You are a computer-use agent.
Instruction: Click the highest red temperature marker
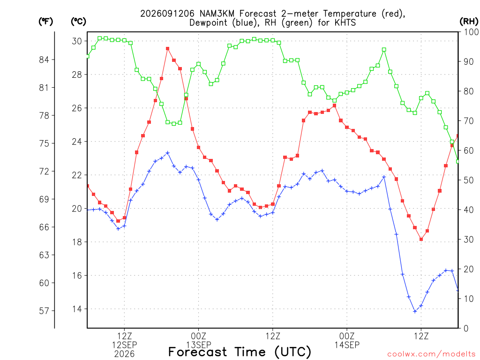(x=167, y=48)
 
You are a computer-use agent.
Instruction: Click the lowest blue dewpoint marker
(x=415, y=311)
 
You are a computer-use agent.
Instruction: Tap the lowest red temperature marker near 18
(x=421, y=239)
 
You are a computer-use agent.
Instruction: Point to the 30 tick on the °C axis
(x=77, y=41)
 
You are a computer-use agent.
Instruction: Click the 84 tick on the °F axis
(x=44, y=60)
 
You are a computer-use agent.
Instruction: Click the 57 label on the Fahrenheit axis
(x=44, y=311)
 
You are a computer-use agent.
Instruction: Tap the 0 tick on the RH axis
(x=466, y=329)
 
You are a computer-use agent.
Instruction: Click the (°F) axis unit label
(x=45, y=22)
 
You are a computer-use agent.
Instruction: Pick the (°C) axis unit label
(x=78, y=22)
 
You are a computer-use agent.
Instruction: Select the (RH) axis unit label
(x=469, y=22)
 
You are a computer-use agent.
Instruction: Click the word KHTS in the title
(x=345, y=22)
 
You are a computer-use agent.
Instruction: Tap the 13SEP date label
(x=199, y=345)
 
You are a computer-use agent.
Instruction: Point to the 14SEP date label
(x=347, y=345)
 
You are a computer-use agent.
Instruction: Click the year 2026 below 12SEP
(x=124, y=354)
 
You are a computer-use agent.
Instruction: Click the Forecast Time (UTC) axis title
(x=240, y=352)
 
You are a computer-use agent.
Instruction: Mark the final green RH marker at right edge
(x=458, y=161)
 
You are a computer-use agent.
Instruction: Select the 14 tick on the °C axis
(x=77, y=309)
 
